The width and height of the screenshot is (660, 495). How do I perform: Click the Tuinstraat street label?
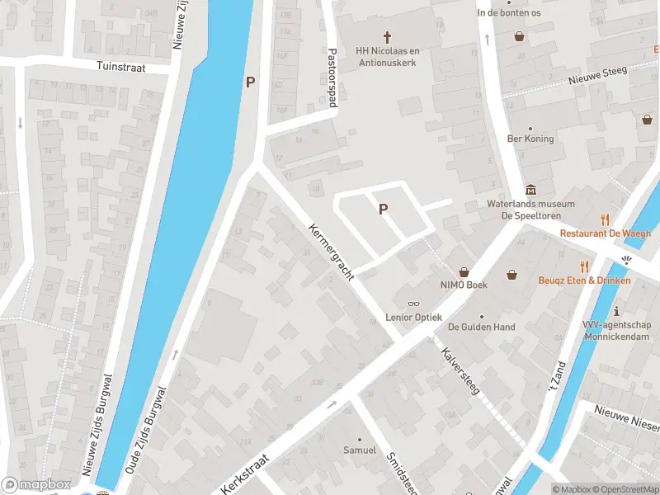[120, 67]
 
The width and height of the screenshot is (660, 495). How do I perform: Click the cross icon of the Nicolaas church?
[387, 36]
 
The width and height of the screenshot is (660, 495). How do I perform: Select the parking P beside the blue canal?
[250, 82]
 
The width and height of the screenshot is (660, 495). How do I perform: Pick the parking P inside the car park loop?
[383, 210]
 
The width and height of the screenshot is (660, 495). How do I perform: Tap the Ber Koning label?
[530, 139]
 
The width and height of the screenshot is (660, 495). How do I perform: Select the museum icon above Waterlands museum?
[530, 190]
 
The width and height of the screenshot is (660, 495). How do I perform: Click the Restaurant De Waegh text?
[605, 233]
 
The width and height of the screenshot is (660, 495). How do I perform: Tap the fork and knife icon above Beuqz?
[585, 266]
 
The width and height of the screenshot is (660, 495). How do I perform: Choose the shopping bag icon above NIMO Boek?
[464, 271]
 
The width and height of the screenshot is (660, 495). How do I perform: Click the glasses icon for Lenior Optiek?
[412, 304]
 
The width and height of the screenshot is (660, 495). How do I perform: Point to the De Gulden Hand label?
[481, 328]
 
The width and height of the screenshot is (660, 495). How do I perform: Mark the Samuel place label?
[360, 450]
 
